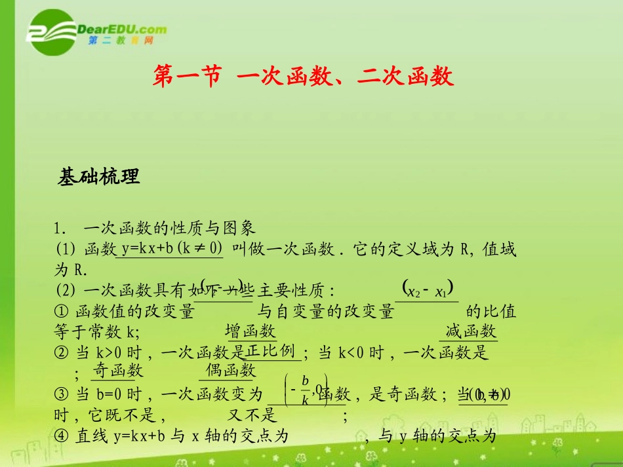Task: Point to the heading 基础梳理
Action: point(99,177)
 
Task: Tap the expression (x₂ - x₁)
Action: point(429,291)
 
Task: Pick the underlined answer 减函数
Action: point(471,331)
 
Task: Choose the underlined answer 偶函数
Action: point(230,371)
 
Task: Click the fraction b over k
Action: point(304,390)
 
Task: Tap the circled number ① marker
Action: point(62,312)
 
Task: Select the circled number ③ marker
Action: point(62,394)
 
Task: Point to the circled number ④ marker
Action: point(62,436)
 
